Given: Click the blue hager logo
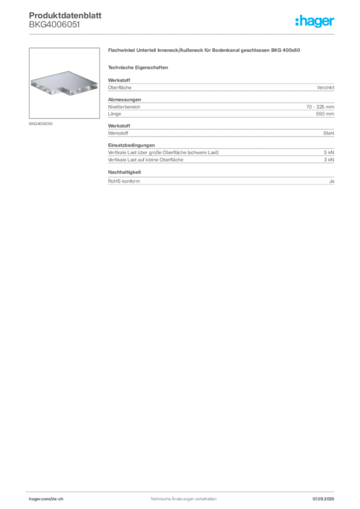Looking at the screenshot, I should pyautogui.click(x=315, y=21).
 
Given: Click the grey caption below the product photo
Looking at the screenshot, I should pyautogui.click(x=42, y=123).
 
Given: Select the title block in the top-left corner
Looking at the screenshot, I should pyautogui.click(x=65, y=16).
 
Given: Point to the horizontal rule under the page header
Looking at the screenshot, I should pyautogui.click(x=183, y=34).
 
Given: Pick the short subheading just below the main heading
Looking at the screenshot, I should pyautogui.click(x=140, y=67).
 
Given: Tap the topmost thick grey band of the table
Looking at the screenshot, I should pyautogui.click(x=221, y=88).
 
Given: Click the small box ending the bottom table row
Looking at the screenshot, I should pyautogui.click(x=332, y=181).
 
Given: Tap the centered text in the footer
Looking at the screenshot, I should pyautogui.click(x=182, y=497).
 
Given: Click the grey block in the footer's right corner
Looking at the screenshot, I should pyautogui.click(x=326, y=497).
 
